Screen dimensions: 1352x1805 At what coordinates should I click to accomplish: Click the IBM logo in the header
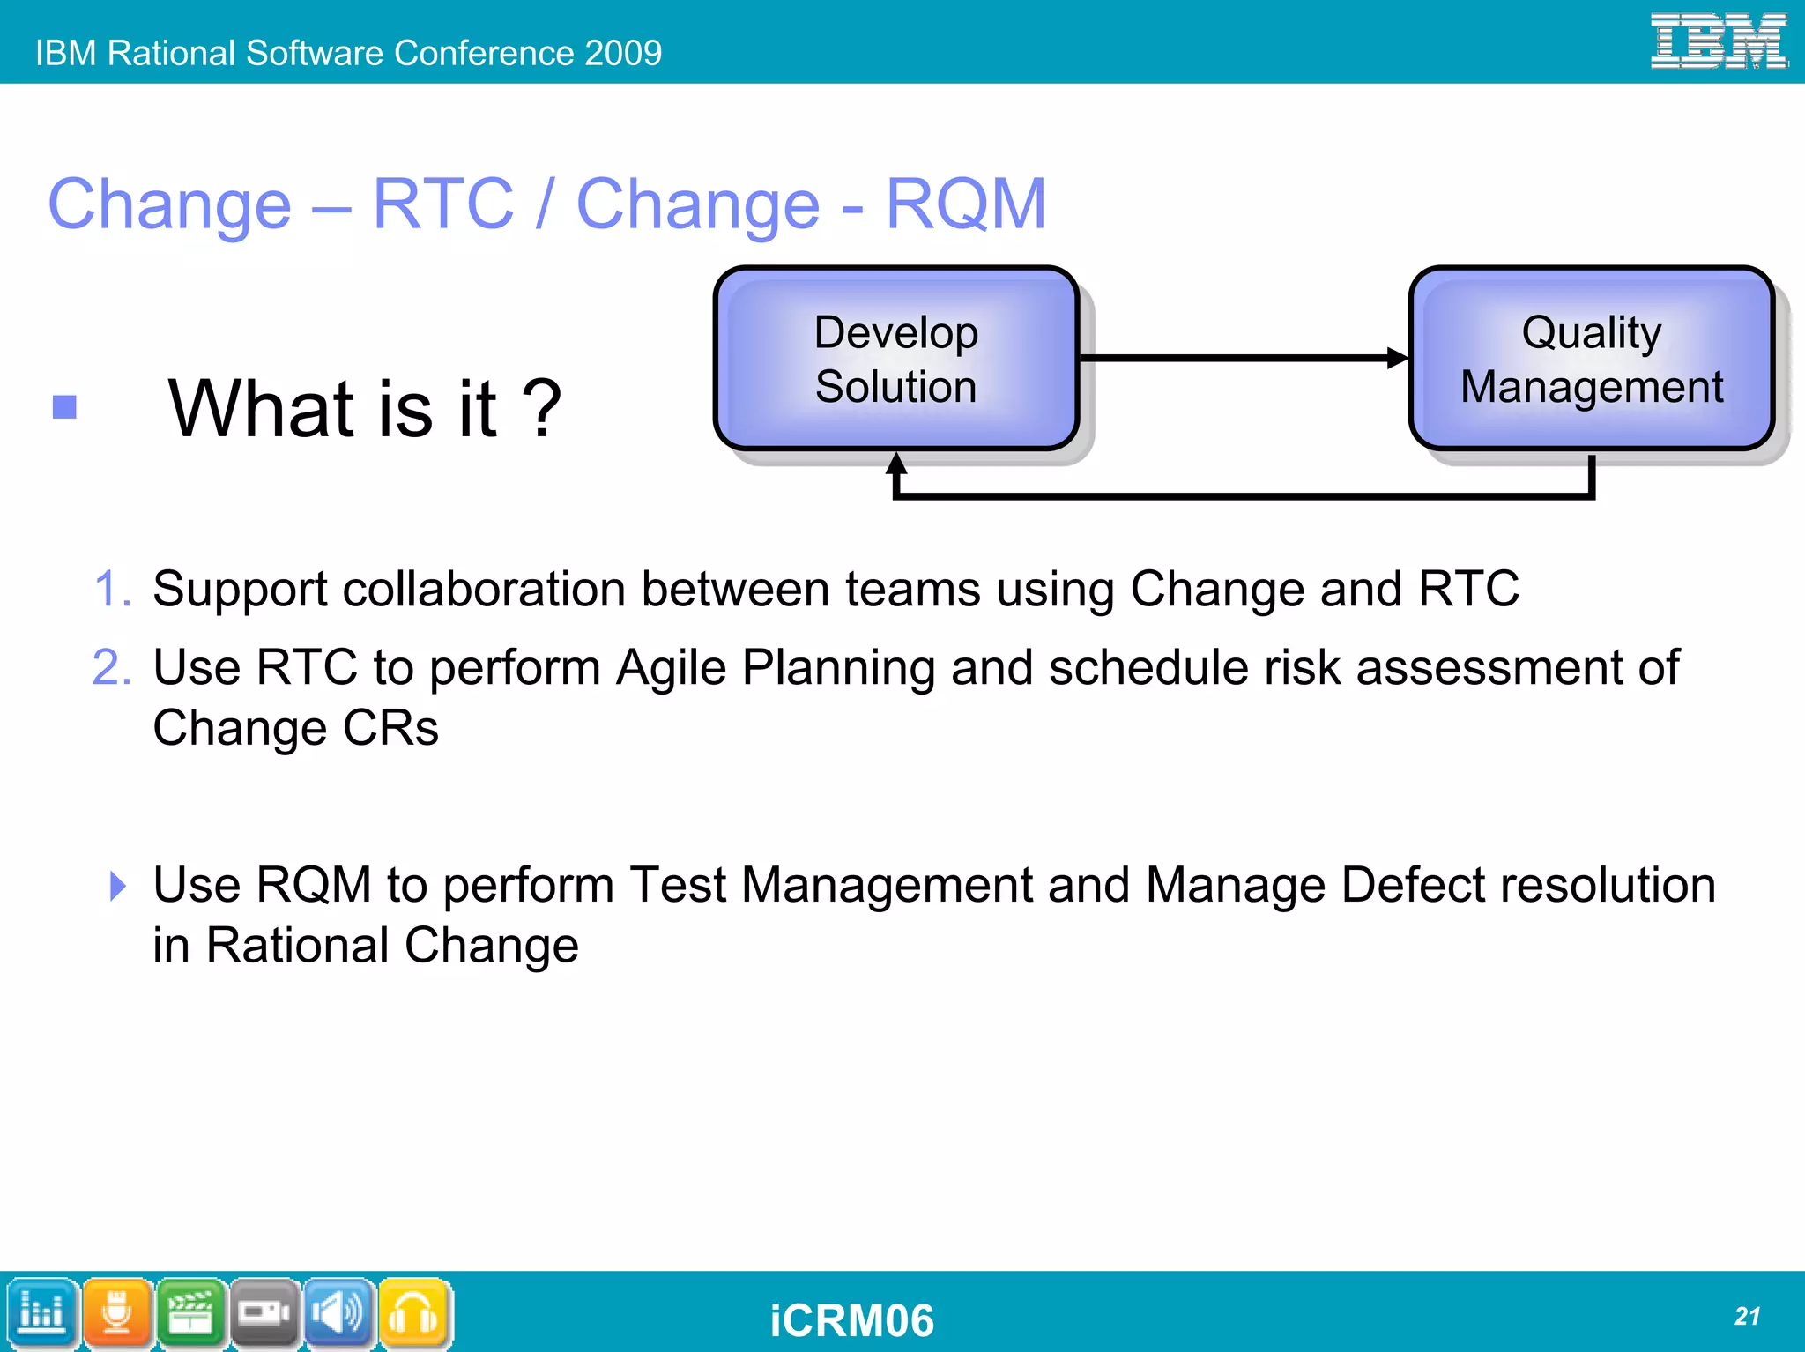pos(1718,41)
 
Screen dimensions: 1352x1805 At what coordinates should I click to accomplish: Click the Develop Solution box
pos(895,359)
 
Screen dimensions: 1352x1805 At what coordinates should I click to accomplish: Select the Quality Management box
pos(1591,359)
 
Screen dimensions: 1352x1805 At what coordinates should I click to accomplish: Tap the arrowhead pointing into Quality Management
pos(1398,358)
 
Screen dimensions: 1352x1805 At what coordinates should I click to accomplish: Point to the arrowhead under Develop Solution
pos(896,464)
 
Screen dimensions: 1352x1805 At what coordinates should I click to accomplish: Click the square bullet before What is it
pos(64,407)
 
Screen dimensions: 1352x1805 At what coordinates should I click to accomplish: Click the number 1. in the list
pos(112,589)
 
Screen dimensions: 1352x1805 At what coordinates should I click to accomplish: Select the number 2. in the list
pos(112,667)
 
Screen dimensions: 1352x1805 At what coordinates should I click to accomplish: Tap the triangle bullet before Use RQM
pos(118,886)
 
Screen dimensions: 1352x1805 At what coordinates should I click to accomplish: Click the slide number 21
pos(1747,1316)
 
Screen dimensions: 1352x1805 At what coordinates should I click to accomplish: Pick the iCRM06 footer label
pos(851,1320)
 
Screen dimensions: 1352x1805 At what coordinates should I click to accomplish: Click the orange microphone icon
pos(117,1313)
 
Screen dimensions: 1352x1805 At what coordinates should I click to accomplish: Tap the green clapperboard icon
pos(190,1313)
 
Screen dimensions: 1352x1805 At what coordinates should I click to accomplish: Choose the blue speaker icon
pos(338,1313)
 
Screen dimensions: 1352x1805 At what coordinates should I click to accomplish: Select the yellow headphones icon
pos(413,1313)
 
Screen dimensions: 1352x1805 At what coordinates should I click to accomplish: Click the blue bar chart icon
pos(41,1313)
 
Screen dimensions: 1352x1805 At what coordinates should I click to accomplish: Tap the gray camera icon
pos(264,1313)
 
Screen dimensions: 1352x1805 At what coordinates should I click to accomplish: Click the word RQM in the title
pos(965,204)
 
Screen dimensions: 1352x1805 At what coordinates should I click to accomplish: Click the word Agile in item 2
pos(671,667)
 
